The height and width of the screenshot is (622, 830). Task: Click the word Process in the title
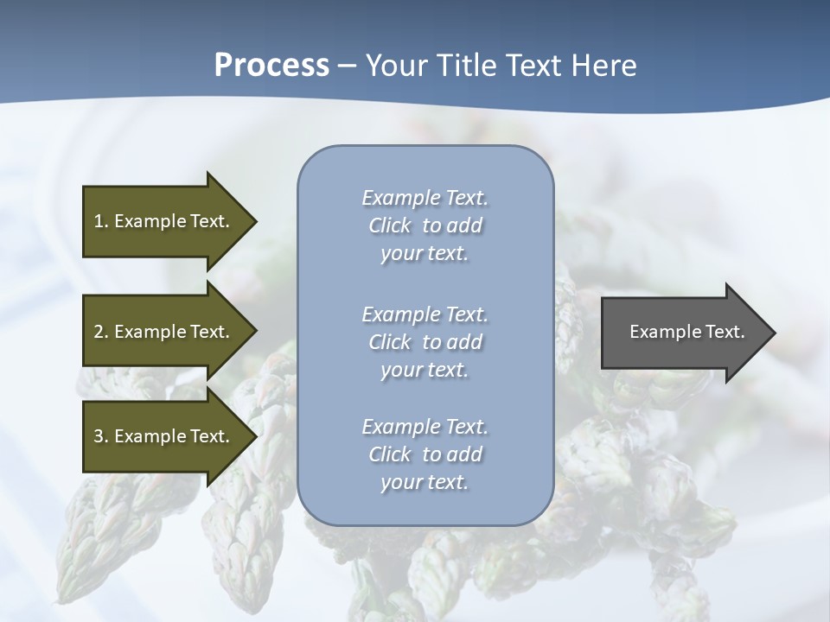point(271,66)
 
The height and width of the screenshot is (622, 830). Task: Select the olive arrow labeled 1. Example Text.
point(164,221)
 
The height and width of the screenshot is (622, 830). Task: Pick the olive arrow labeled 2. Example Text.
point(164,332)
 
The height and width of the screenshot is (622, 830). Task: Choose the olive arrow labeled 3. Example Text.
point(164,436)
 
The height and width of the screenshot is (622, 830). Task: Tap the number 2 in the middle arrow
point(99,332)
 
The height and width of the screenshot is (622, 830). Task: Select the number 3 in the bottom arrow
point(99,436)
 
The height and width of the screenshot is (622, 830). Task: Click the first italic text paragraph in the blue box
point(425,225)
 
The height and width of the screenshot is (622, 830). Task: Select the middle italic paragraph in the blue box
point(425,341)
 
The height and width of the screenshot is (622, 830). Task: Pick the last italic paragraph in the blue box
point(425,454)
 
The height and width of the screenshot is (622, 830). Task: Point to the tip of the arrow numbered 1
point(255,221)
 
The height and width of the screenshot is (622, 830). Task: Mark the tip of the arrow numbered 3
point(255,436)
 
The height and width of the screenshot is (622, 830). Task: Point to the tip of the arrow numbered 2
point(255,332)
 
